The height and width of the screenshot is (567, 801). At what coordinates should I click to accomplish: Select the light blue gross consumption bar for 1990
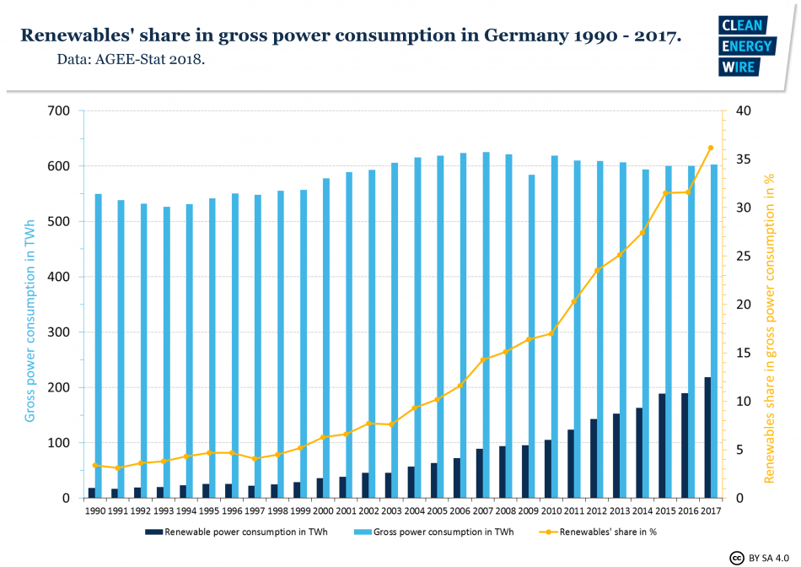pos(99,346)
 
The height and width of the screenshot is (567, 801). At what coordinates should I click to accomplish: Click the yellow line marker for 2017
pos(710,148)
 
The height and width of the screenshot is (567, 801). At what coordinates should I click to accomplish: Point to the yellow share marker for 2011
pos(573,301)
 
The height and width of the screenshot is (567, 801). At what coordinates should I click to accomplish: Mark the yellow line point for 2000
pos(323,437)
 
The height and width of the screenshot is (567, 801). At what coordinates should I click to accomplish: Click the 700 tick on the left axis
pos(58,111)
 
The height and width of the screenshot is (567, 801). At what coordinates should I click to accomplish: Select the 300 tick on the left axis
pos(58,332)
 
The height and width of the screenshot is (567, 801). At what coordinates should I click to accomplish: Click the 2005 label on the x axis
pos(435,510)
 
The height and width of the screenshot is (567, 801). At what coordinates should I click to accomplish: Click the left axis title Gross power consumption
pos(30,304)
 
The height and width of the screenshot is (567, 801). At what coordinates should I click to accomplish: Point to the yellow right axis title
pos(769,304)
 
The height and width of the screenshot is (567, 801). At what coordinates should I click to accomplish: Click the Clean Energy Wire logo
pos(745,46)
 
